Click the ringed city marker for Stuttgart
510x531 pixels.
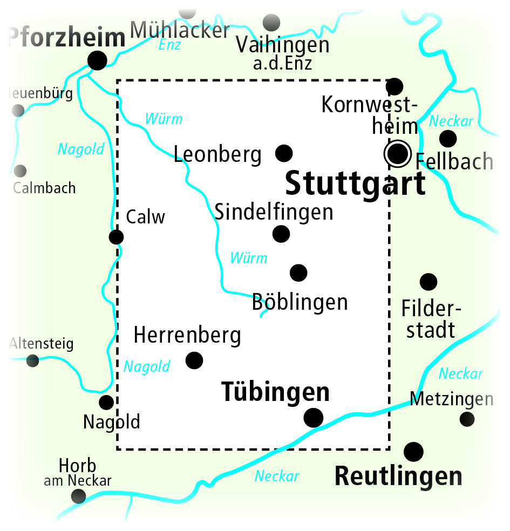click(x=398, y=153)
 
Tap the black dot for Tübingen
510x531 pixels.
click(x=314, y=417)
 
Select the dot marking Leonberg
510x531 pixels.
click(x=284, y=153)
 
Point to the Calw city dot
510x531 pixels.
click(x=116, y=237)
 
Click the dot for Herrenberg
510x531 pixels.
click(x=194, y=360)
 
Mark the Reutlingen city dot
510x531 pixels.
click(x=413, y=451)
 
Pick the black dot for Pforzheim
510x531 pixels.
click(x=97, y=60)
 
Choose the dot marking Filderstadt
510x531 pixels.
click(x=429, y=281)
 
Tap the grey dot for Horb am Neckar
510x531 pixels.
click(x=79, y=496)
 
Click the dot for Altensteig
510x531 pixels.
click(x=33, y=360)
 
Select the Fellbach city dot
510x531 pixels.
click(x=447, y=139)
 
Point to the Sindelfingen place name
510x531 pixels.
click(x=274, y=212)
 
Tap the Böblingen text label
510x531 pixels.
click(x=300, y=302)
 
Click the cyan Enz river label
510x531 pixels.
click(x=169, y=45)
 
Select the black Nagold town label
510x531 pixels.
click(x=112, y=421)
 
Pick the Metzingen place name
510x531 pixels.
click(x=451, y=399)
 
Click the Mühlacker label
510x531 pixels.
click(x=180, y=30)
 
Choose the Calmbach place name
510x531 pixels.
click(x=44, y=188)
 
